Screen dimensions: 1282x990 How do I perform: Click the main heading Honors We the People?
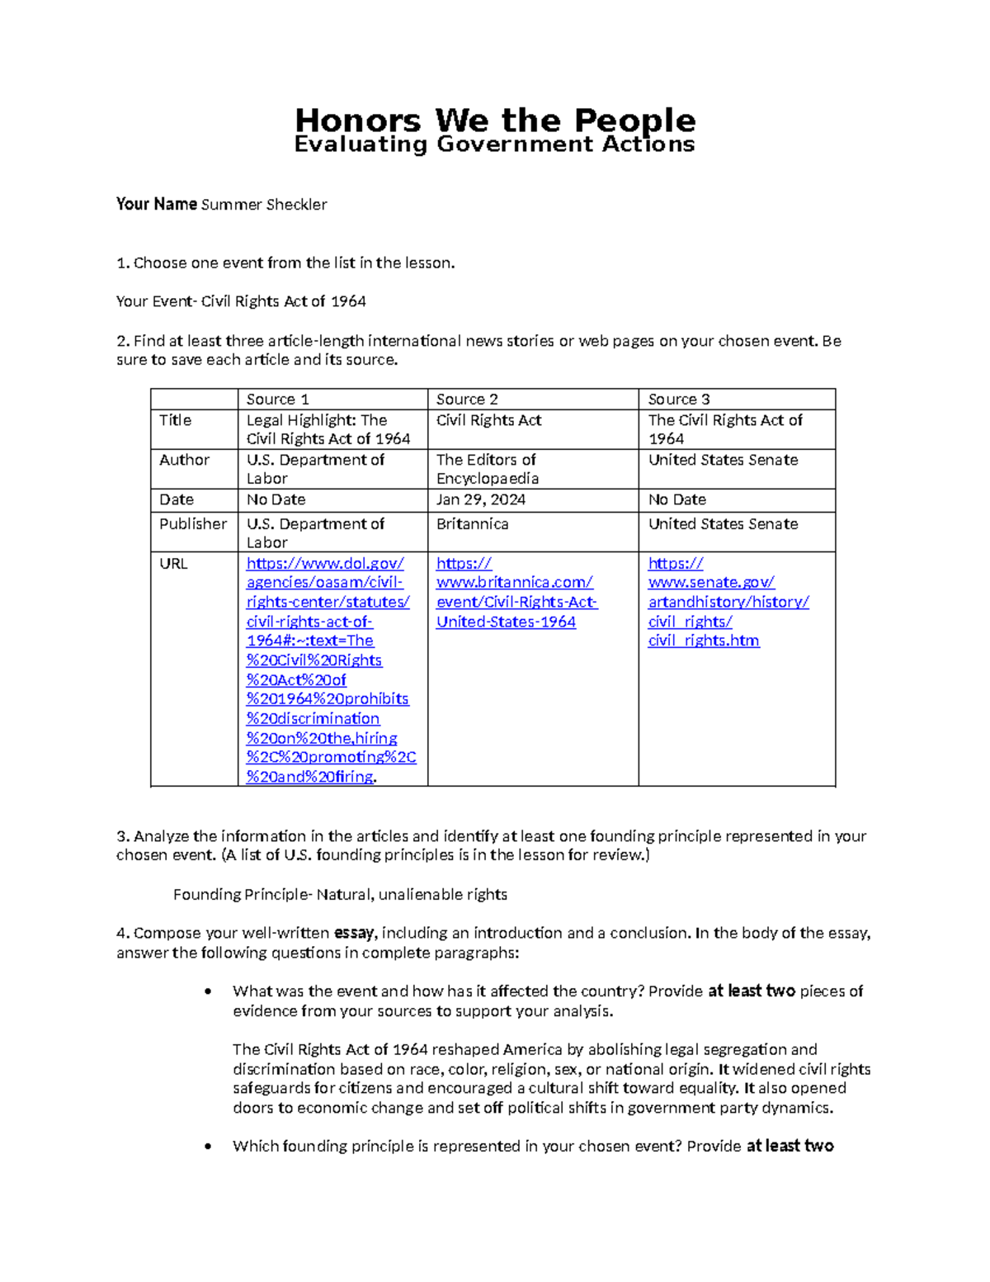[x=495, y=121]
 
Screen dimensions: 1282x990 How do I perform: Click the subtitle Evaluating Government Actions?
[x=495, y=144]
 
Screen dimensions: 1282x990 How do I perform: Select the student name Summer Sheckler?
[x=264, y=205]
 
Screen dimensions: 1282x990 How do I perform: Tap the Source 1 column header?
[x=278, y=400]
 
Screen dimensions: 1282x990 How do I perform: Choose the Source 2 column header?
[x=467, y=400]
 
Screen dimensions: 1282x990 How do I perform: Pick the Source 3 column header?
[x=679, y=400]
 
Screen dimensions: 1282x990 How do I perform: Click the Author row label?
[x=184, y=460]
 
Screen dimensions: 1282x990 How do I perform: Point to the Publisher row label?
[x=193, y=524]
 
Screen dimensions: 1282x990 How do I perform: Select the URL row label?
[x=173, y=564]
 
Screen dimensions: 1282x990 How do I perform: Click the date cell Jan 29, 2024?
[x=481, y=500]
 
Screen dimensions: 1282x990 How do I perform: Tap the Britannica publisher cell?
[x=472, y=524]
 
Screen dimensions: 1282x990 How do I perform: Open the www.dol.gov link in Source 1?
[x=325, y=564]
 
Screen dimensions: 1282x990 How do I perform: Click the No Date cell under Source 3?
[x=677, y=500]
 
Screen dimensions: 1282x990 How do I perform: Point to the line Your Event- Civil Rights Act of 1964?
[x=241, y=302]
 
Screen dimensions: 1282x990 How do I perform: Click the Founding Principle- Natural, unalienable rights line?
[x=340, y=895]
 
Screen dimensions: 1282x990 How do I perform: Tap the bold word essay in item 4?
[x=354, y=934]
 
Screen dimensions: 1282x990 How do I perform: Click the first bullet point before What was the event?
[x=208, y=992]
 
